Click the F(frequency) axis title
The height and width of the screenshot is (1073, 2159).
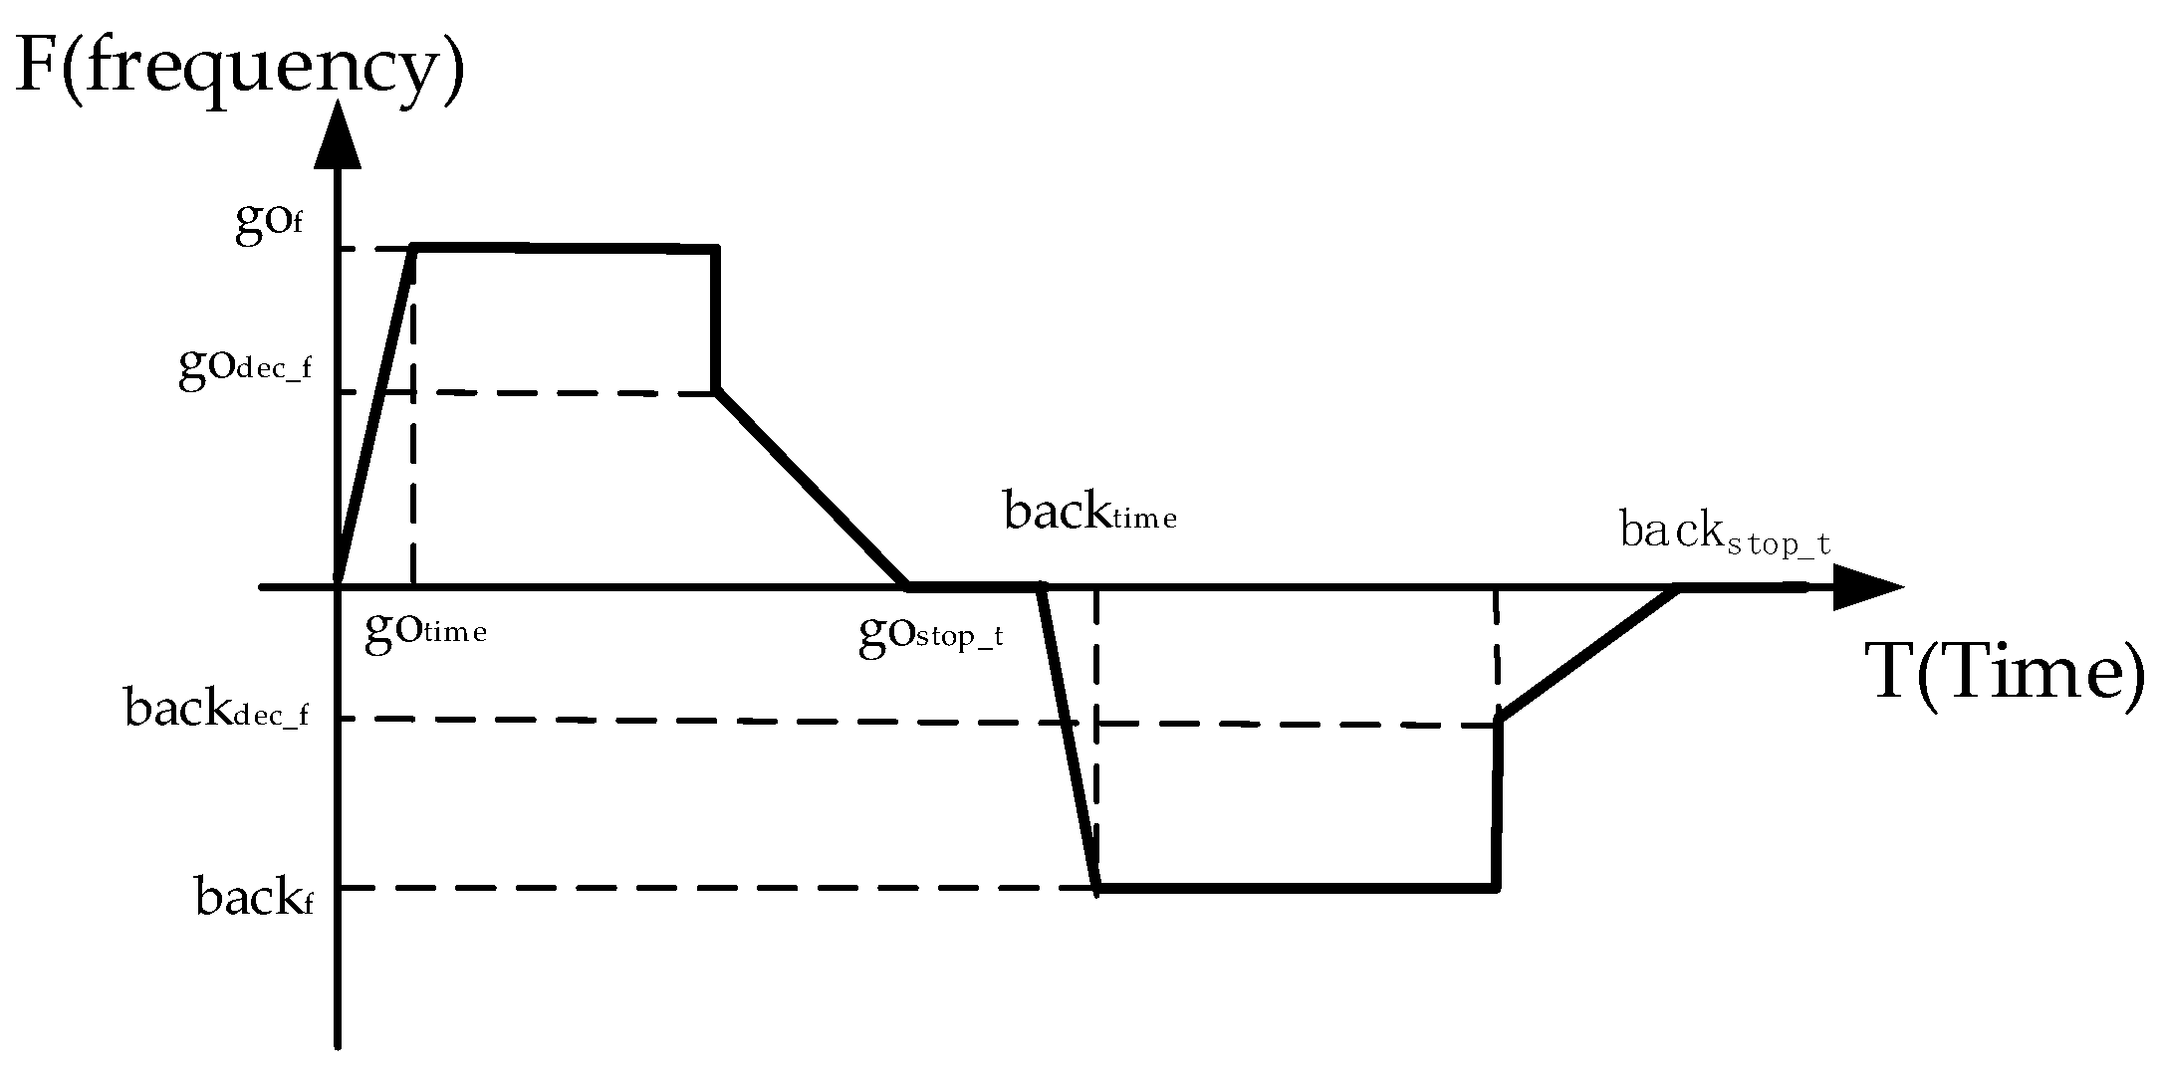point(240,68)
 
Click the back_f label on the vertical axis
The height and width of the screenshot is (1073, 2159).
point(254,896)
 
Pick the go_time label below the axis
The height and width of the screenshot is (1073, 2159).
point(426,631)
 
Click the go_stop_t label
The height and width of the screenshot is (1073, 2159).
point(931,635)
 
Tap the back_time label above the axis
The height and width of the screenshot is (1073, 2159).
point(1090,512)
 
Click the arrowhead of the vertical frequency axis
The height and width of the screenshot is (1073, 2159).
point(339,133)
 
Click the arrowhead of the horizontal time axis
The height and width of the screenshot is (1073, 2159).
point(1868,587)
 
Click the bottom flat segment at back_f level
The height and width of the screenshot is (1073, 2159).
point(1297,886)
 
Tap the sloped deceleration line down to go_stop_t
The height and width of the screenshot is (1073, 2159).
point(812,488)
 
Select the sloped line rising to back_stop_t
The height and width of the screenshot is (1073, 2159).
point(1588,653)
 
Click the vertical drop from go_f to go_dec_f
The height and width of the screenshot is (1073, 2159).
point(716,319)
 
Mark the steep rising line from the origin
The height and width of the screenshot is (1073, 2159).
point(376,416)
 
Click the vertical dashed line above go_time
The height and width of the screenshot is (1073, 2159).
point(413,416)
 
